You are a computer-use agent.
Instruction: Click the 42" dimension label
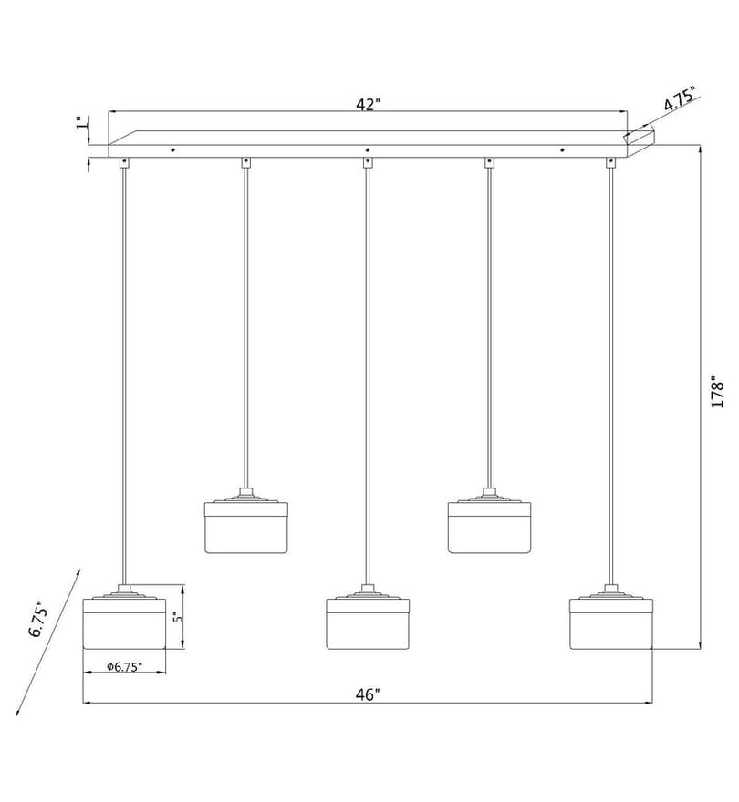(x=368, y=104)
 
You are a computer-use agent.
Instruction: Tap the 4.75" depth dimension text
(x=679, y=99)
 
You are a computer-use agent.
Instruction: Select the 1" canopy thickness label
(x=81, y=123)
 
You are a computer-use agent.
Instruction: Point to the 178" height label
(x=717, y=393)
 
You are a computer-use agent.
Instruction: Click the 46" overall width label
(x=368, y=694)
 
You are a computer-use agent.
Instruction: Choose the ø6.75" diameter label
(x=124, y=666)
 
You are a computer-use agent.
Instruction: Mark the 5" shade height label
(x=177, y=617)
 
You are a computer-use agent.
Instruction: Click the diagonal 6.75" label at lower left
(x=39, y=619)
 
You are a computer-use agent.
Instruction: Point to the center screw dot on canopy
(x=367, y=149)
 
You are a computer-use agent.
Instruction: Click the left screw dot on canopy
(x=172, y=149)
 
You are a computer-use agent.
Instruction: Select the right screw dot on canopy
(x=562, y=149)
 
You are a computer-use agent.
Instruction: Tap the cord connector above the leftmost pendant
(x=124, y=162)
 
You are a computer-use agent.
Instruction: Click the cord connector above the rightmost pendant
(x=610, y=162)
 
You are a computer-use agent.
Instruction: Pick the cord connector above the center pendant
(x=367, y=162)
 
